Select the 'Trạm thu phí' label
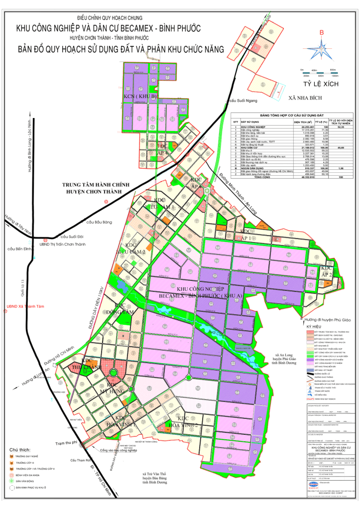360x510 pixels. point(68,442)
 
